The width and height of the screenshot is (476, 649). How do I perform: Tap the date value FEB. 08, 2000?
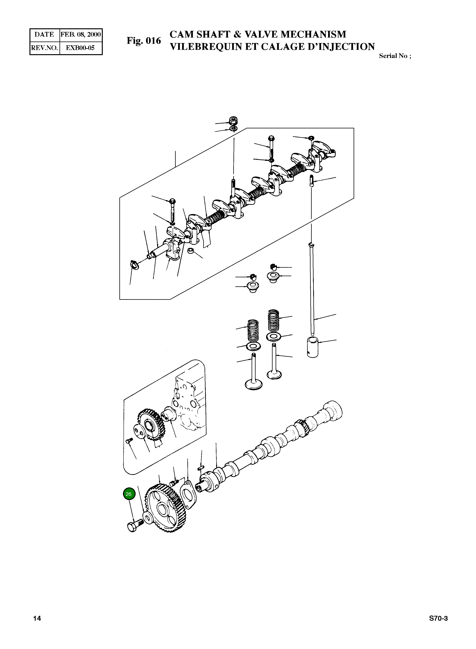[x=81, y=35]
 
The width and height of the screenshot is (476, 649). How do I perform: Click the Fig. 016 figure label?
[x=144, y=41]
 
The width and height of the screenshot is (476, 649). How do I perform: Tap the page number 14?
[x=37, y=618]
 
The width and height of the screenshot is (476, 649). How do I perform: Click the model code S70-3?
[x=438, y=618]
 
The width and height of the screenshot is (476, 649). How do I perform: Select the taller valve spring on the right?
[x=274, y=320]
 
